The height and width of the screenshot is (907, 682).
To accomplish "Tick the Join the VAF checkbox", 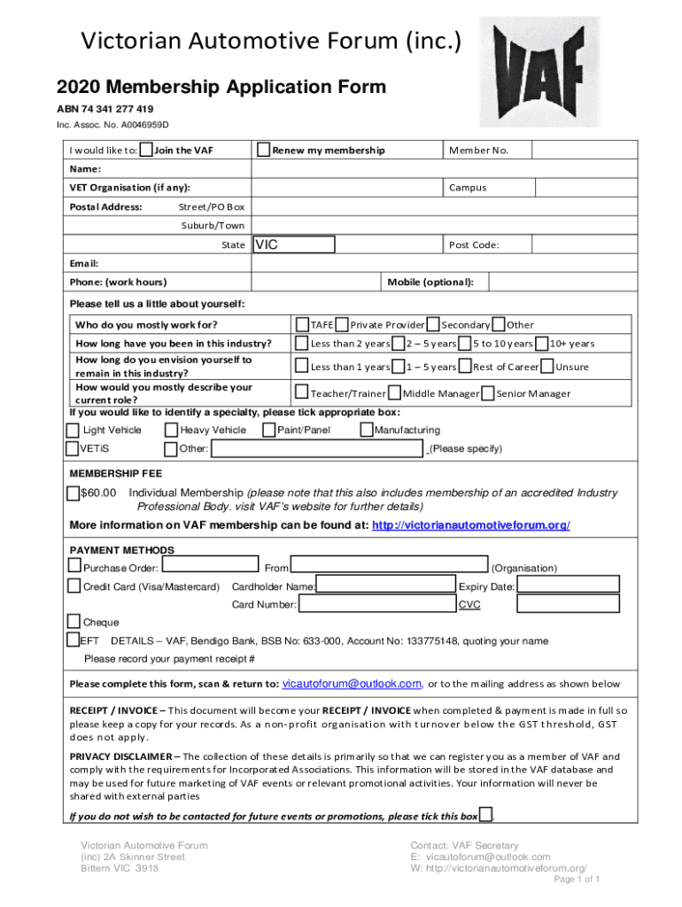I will (x=146, y=150).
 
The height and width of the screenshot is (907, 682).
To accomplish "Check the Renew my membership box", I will (x=263, y=150).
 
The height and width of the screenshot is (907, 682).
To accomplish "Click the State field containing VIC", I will (x=294, y=244).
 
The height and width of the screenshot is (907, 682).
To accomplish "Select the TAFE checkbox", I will (x=302, y=325).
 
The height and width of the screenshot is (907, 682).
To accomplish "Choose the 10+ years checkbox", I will (x=542, y=343).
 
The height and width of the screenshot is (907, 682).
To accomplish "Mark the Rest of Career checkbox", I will (x=465, y=367).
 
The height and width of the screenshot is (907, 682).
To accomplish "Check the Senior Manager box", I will (x=487, y=393).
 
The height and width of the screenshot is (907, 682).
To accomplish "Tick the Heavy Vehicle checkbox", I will (x=172, y=430).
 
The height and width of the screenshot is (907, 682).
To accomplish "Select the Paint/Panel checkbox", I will (x=268, y=430).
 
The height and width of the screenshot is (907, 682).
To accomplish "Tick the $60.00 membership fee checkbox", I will (x=73, y=493).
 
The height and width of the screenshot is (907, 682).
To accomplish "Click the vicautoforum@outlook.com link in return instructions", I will (x=352, y=684).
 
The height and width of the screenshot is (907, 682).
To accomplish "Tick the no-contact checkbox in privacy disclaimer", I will (x=485, y=815).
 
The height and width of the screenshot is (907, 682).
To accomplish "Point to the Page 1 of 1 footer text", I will (x=577, y=880).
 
